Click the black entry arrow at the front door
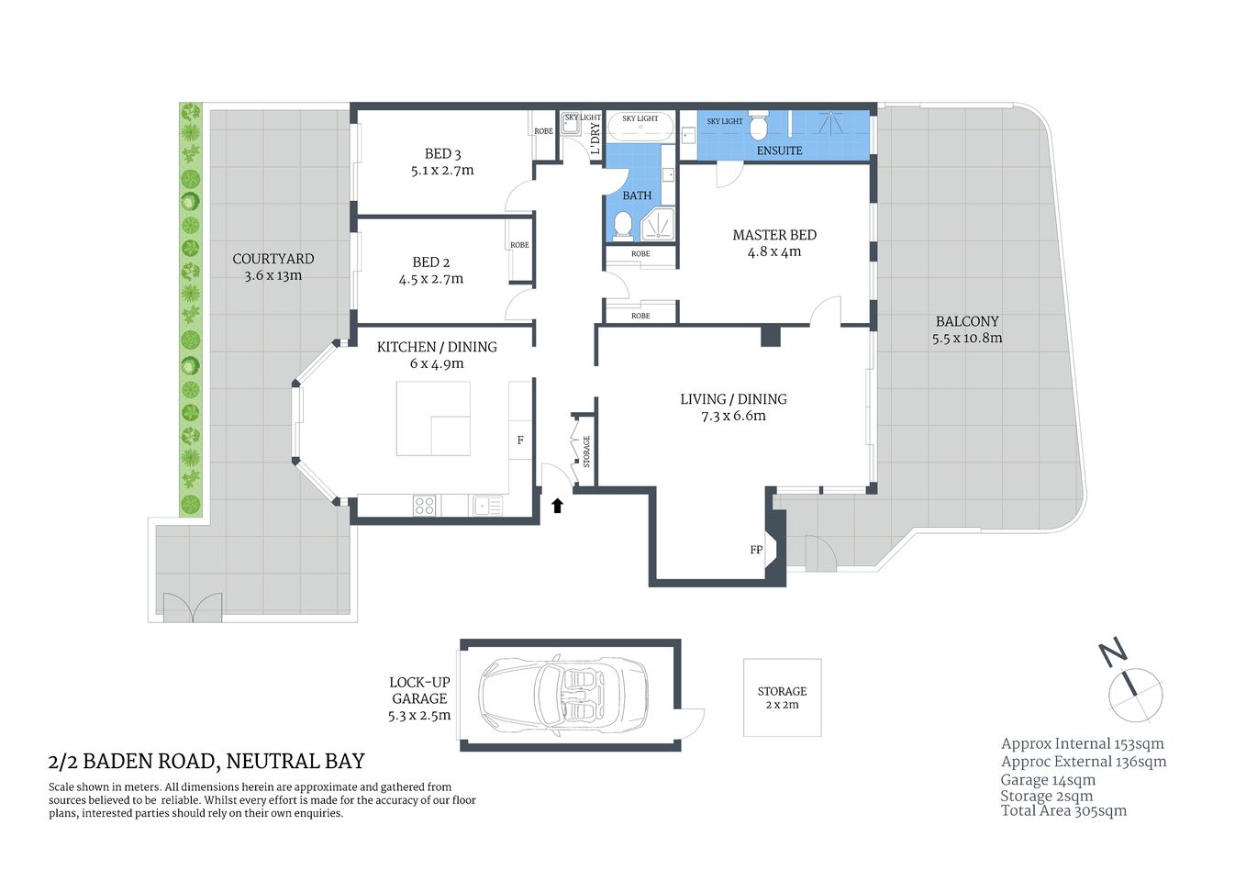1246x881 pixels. [x=557, y=505]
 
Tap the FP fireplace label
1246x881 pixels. [x=756, y=550]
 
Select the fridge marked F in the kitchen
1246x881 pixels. [x=520, y=440]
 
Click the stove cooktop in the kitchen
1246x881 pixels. [x=424, y=506]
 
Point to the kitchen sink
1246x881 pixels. [x=486, y=506]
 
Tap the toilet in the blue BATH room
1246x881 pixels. [x=622, y=224]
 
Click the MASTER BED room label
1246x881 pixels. [x=774, y=235]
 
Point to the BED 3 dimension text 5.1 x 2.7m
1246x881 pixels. [x=442, y=171]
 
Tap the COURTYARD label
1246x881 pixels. [x=273, y=259]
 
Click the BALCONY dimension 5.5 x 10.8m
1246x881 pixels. [x=967, y=338]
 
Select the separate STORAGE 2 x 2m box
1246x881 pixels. [x=782, y=697]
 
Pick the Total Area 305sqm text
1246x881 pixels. [x=1063, y=810]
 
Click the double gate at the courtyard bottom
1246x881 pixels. [x=193, y=608]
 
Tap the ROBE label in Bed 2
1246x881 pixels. [x=519, y=245]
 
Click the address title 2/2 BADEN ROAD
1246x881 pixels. [x=206, y=761]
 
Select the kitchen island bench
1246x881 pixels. [x=432, y=418]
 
